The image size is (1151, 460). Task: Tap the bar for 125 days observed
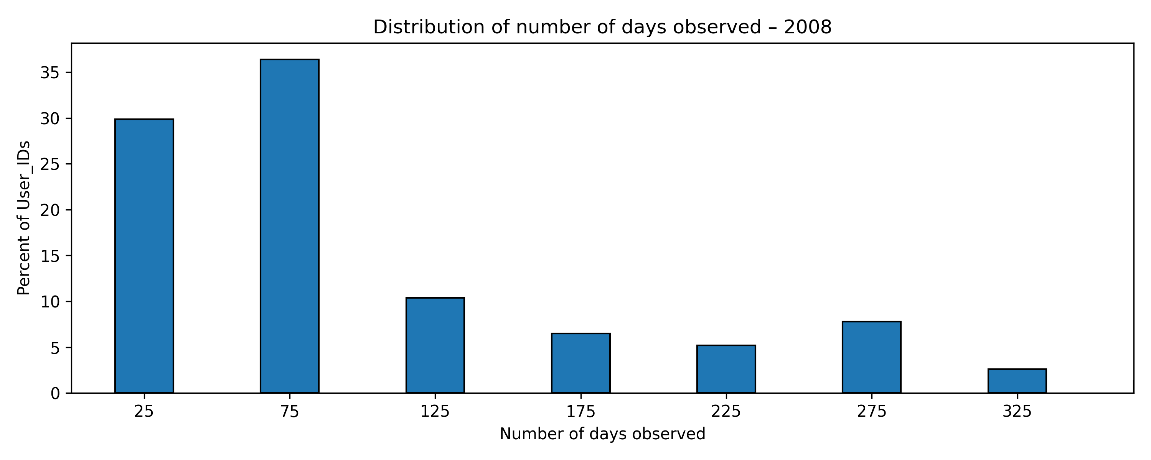435,345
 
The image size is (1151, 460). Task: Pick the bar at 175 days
580,363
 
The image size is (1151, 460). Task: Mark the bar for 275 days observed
871,357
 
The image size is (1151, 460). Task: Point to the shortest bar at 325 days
1017,381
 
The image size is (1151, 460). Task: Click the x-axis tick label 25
144,411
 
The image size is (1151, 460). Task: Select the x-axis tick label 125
435,411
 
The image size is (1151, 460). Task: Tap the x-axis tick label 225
726,411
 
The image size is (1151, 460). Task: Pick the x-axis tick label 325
1017,411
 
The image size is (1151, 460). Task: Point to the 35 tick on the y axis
50,73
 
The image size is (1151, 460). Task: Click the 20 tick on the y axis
50,210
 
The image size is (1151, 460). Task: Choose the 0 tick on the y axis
55,393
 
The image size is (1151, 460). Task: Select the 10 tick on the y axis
50,302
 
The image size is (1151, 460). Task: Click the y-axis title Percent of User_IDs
24,218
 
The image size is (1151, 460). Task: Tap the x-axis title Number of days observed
602,434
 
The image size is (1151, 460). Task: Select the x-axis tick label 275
871,411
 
